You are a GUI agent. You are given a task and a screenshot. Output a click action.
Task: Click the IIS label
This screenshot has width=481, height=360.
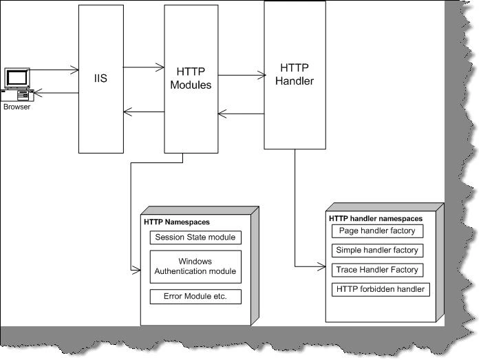tap(100, 78)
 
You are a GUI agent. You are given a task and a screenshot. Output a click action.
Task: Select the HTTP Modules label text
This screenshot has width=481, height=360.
tap(191, 78)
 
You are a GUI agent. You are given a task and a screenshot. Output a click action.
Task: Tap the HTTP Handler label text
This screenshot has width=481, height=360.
tap(295, 74)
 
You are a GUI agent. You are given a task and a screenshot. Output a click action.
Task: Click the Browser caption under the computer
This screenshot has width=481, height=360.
tap(17, 107)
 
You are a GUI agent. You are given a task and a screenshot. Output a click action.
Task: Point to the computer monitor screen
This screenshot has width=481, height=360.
tap(17, 78)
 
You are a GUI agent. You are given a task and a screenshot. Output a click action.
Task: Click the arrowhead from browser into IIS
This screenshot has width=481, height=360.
tap(74, 70)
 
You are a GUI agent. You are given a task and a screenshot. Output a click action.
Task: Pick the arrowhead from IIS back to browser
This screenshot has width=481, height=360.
tap(38, 93)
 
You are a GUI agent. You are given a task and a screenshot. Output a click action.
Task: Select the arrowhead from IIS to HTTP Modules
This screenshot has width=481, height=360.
tap(160, 67)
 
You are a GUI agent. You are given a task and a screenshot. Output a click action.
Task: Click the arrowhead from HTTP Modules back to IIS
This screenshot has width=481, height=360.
tap(128, 112)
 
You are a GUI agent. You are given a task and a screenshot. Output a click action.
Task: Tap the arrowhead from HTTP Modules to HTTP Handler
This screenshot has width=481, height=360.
tap(261, 75)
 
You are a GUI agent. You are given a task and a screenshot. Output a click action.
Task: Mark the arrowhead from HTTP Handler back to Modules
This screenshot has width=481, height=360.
tap(222, 114)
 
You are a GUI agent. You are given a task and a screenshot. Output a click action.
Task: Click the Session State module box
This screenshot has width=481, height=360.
tap(195, 237)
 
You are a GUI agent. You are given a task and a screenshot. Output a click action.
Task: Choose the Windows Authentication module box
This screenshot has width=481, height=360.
tap(195, 266)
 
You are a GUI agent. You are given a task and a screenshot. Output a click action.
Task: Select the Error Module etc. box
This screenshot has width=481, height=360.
tap(195, 297)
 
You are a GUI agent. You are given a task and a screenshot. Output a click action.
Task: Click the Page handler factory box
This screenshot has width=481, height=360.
tap(377, 231)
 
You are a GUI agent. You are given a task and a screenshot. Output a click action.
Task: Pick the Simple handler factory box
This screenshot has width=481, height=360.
tap(377, 251)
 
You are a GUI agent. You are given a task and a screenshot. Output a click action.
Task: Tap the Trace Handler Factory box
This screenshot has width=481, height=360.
tap(377, 270)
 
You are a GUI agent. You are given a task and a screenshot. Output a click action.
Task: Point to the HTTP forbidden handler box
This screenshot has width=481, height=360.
tap(381, 289)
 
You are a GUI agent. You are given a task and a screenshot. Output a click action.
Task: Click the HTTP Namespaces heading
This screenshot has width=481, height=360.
tap(177, 222)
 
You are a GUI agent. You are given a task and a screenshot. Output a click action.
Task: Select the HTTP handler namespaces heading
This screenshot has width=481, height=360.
tap(376, 218)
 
